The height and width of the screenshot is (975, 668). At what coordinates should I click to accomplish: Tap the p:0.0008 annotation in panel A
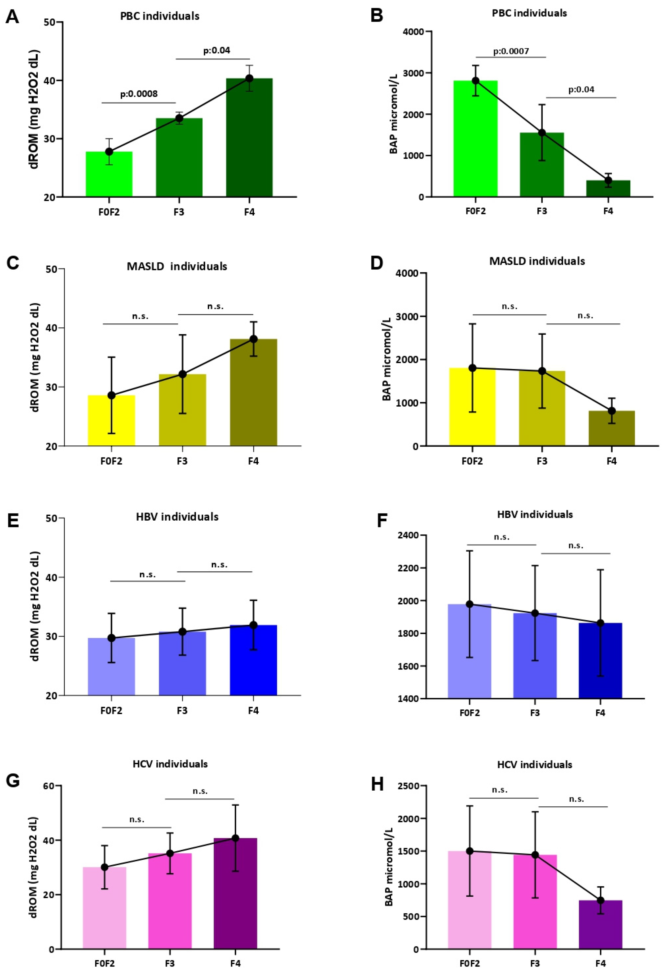139,94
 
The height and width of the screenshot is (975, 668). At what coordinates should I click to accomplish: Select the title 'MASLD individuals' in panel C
177,266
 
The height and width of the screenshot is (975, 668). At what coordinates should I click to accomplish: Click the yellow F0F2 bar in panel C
111,420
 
